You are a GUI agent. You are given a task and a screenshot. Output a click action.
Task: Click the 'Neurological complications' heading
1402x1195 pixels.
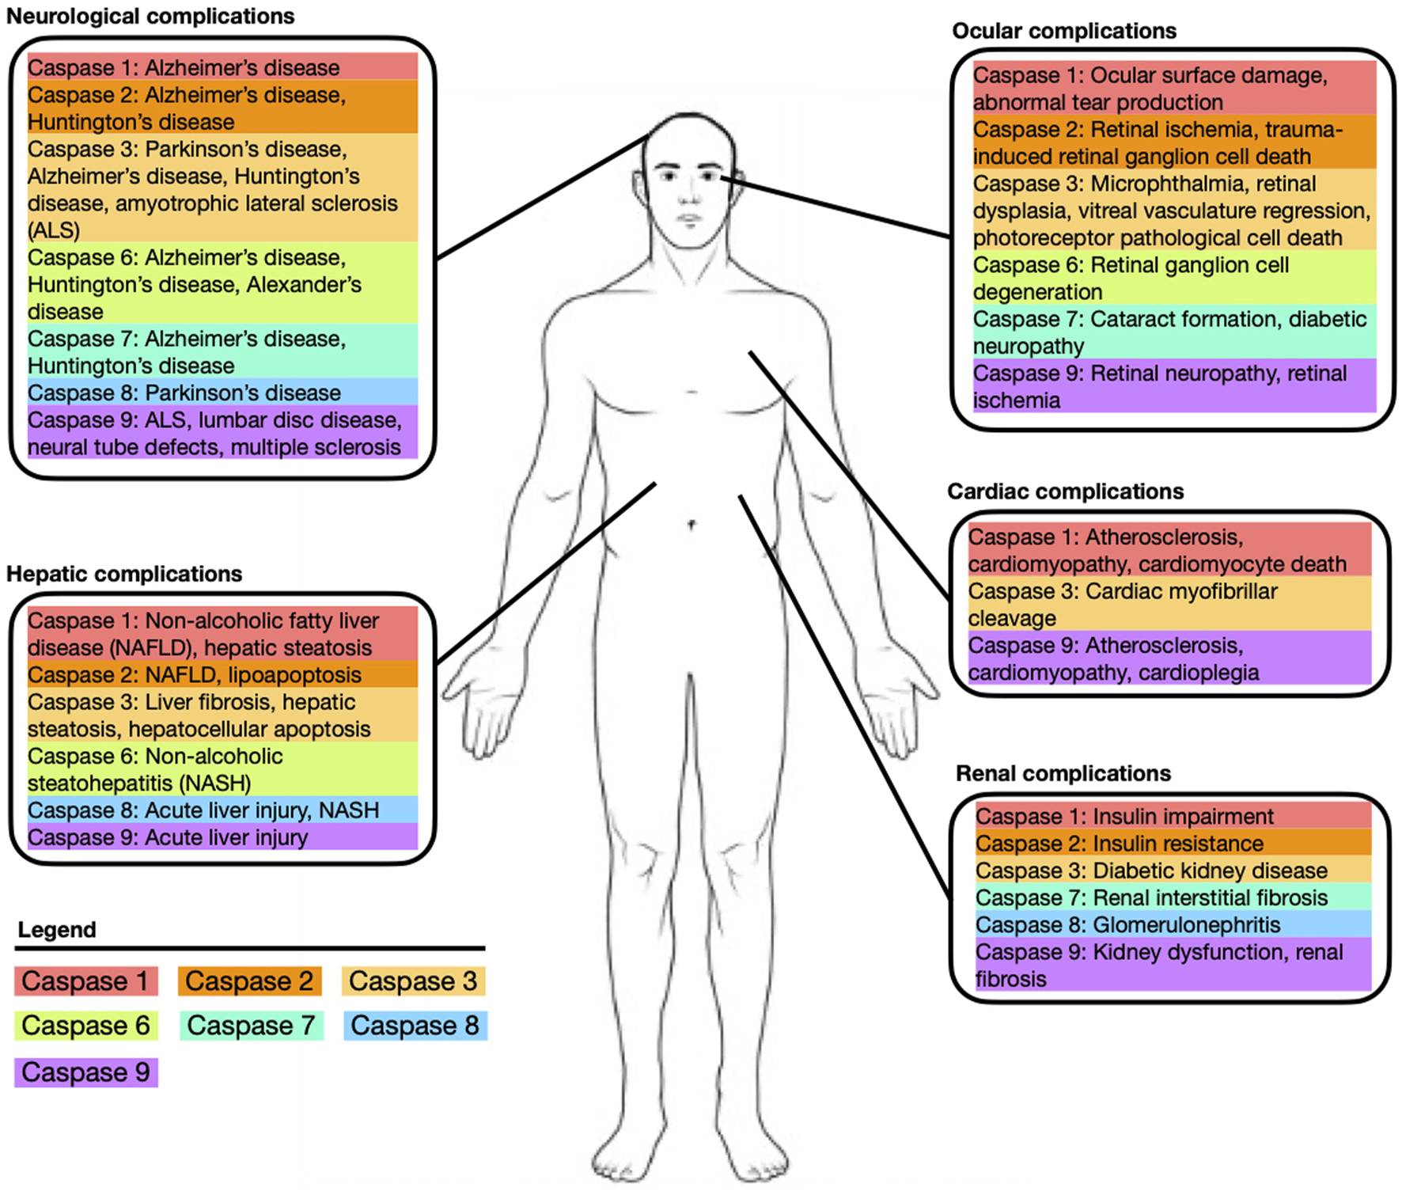tap(150, 17)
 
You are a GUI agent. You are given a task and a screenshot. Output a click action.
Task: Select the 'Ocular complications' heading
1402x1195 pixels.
tap(1064, 31)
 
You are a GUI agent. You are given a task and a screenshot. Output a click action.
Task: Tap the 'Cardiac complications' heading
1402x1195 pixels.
tap(1065, 491)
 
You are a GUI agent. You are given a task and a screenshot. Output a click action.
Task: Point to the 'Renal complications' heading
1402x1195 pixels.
tap(1063, 773)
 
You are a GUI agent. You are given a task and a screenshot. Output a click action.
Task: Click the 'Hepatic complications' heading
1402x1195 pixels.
tap(124, 574)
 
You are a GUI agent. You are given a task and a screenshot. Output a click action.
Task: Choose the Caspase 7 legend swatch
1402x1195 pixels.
tap(252, 1026)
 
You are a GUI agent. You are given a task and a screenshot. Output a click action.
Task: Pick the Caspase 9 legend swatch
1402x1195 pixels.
tap(86, 1072)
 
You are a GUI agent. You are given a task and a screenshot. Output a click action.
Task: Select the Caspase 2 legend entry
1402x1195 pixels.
tap(249, 981)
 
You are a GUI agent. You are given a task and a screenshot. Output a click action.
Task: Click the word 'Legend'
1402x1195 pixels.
tap(57, 930)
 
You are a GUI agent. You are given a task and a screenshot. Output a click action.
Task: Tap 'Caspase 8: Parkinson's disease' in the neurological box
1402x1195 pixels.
tap(184, 393)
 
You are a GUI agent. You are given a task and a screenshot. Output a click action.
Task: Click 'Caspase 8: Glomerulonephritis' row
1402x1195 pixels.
tap(1127, 924)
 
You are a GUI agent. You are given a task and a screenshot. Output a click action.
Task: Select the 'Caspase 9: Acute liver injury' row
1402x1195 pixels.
tap(168, 837)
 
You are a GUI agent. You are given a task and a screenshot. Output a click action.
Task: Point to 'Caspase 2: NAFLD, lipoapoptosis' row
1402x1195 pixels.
tap(195, 675)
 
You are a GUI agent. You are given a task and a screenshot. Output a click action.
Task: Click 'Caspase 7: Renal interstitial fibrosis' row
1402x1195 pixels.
tap(1151, 897)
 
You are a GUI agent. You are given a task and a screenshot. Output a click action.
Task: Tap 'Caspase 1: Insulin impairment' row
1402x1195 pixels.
tap(1124, 816)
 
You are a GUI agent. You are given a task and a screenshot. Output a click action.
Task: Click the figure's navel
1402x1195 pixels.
tap(692, 524)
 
